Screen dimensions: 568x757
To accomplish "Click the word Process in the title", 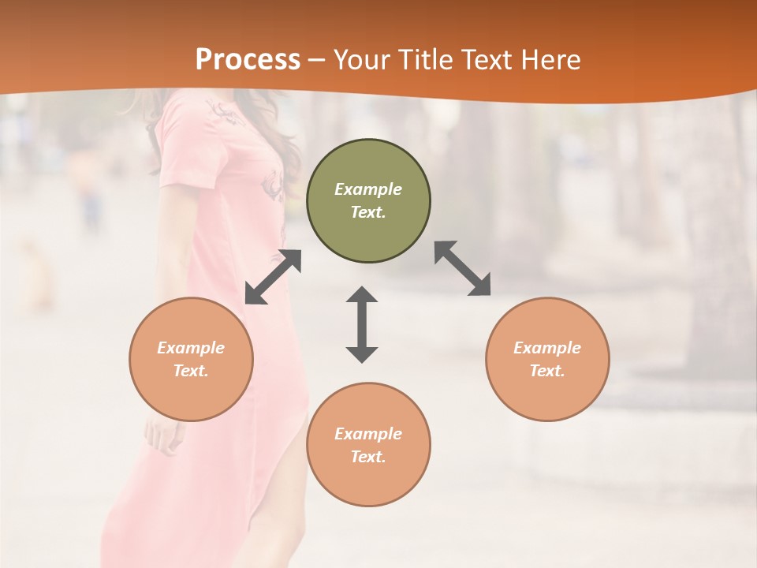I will (x=248, y=60).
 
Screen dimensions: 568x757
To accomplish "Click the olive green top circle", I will (x=368, y=200).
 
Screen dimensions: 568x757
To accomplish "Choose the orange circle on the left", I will (x=191, y=359).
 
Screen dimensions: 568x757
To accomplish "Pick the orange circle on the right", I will (x=547, y=359).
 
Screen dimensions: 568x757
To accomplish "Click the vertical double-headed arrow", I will (x=362, y=324).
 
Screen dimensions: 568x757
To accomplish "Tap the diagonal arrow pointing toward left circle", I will (x=273, y=277).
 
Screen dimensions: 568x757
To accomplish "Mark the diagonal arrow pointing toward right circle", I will (x=463, y=268).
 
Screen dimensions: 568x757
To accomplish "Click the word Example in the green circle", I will (x=368, y=189).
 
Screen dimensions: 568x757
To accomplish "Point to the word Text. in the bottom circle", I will (x=368, y=457).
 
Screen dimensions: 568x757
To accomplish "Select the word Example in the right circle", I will (x=547, y=348).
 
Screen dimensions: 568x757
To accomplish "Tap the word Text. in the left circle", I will (x=191, y=371).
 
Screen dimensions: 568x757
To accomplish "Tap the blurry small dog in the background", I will (x=35, y=276).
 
